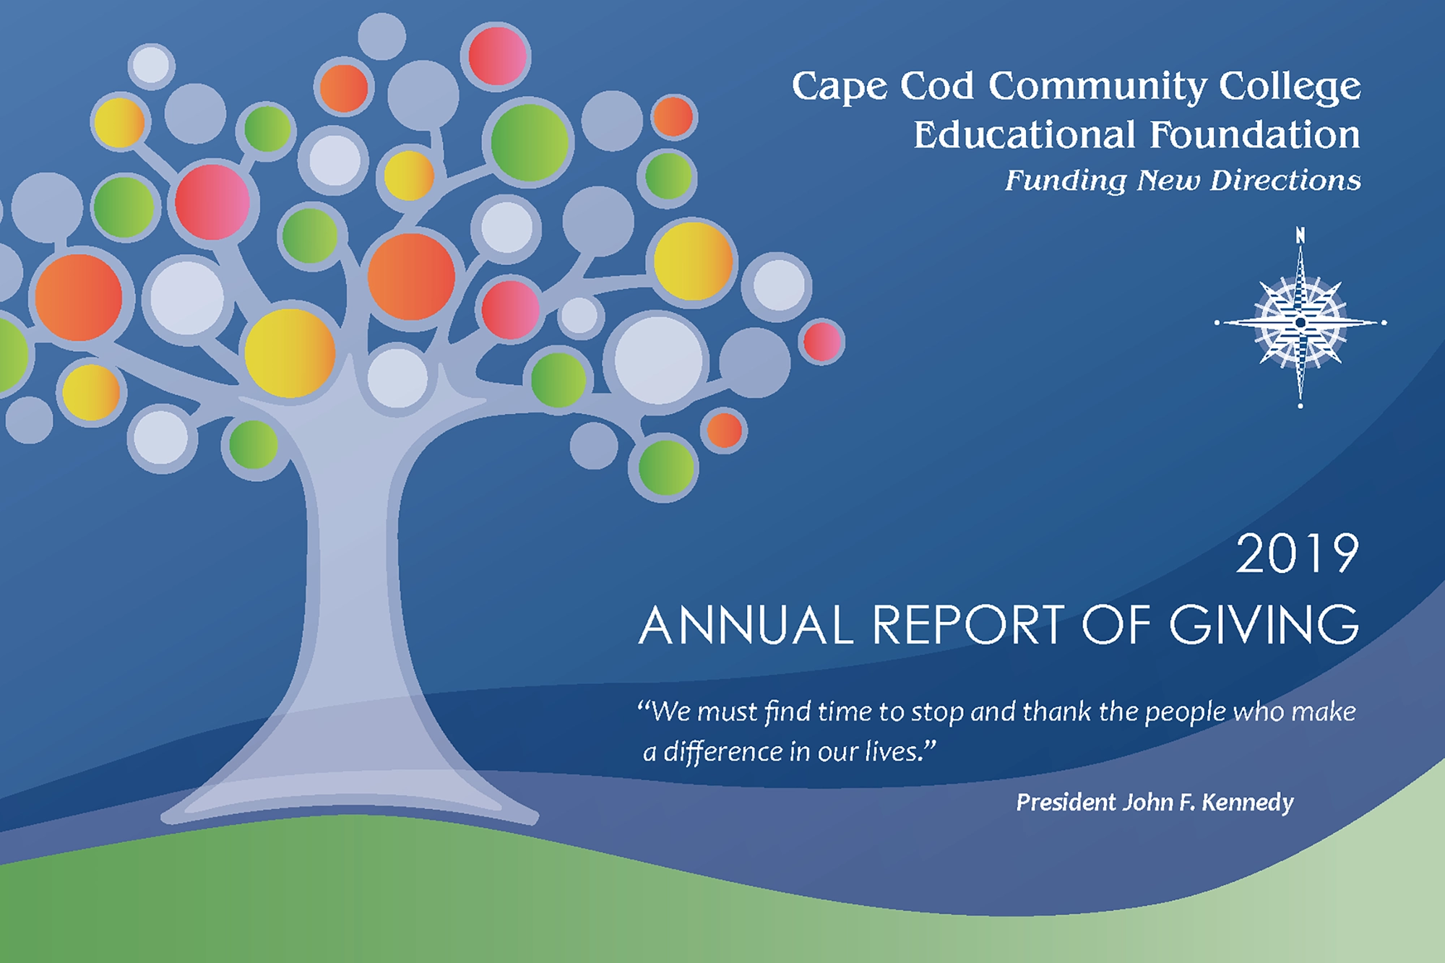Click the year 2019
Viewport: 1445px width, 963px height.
pos(1298,554)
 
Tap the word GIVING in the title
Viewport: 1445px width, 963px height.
pos(1264,625)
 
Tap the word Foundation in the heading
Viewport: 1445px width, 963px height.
pos(1255,134)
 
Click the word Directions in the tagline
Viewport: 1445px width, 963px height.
pos(1285,180)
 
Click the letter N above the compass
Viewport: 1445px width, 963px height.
pos(1300,235)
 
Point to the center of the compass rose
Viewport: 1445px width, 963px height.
pos(1300,322)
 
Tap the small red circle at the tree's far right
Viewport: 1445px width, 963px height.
pos(821,341)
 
